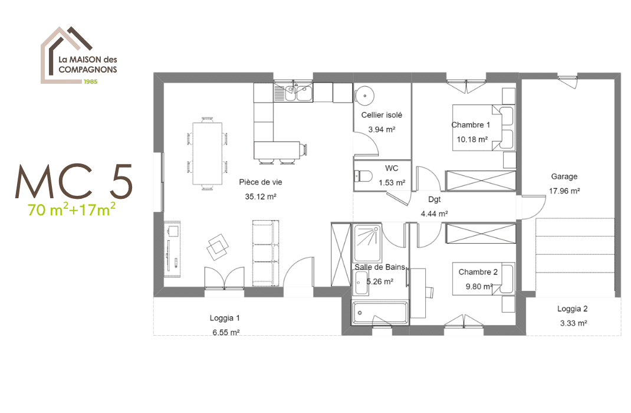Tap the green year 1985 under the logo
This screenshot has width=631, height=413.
pos(90,81)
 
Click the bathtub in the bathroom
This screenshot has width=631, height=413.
pos(380,312)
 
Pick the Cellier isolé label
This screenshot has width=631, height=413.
pos(382,116)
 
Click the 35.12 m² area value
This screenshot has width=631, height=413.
pos(261,197)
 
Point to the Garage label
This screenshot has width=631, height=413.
pos(564,176)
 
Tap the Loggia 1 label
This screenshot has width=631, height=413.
pos(225,318)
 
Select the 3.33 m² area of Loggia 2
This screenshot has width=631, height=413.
pos(573,323)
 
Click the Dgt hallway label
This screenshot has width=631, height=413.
pos(435,199)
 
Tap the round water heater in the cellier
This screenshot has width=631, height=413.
pos(364,94)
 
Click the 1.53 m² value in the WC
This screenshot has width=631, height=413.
pos(392,183)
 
